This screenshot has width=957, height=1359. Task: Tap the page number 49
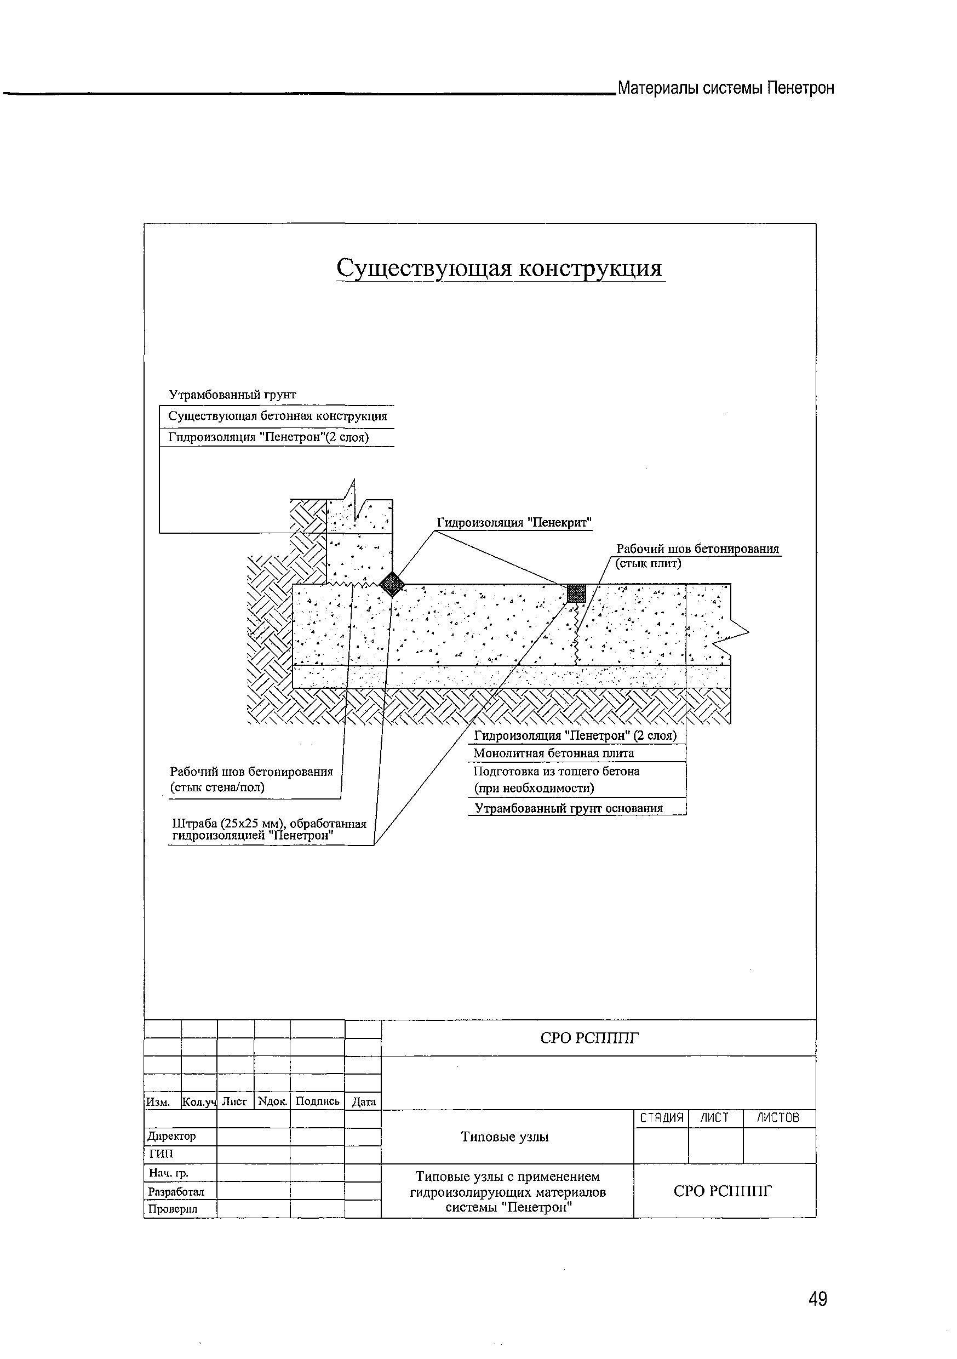tap(817, 1299)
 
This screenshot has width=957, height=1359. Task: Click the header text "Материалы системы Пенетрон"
tap(726, 88)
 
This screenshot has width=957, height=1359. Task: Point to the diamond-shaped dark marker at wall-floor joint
tap(391, 584)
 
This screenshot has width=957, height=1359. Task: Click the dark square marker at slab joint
tap(576, 592)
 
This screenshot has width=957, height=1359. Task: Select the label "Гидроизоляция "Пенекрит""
tap(514, 523)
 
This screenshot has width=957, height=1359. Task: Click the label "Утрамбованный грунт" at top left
tap(233, 395)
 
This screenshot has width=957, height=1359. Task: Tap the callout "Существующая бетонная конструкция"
tap(277, 416)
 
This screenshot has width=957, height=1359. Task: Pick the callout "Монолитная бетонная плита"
tap(553, 753)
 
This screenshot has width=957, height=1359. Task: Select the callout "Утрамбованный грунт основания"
tap(568, 808)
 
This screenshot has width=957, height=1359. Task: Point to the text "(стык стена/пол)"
tap(217, 787)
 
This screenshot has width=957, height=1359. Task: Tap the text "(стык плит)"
tap(649, 563)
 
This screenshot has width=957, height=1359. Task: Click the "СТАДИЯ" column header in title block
tap(661, 1118)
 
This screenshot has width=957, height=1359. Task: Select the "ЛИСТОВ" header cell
tap(778, 1118)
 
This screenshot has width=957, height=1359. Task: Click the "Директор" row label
tap(171, 1136)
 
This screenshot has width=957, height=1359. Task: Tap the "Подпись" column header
tap(317, 1101)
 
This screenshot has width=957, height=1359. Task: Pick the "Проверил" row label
tap(173, 1209)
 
